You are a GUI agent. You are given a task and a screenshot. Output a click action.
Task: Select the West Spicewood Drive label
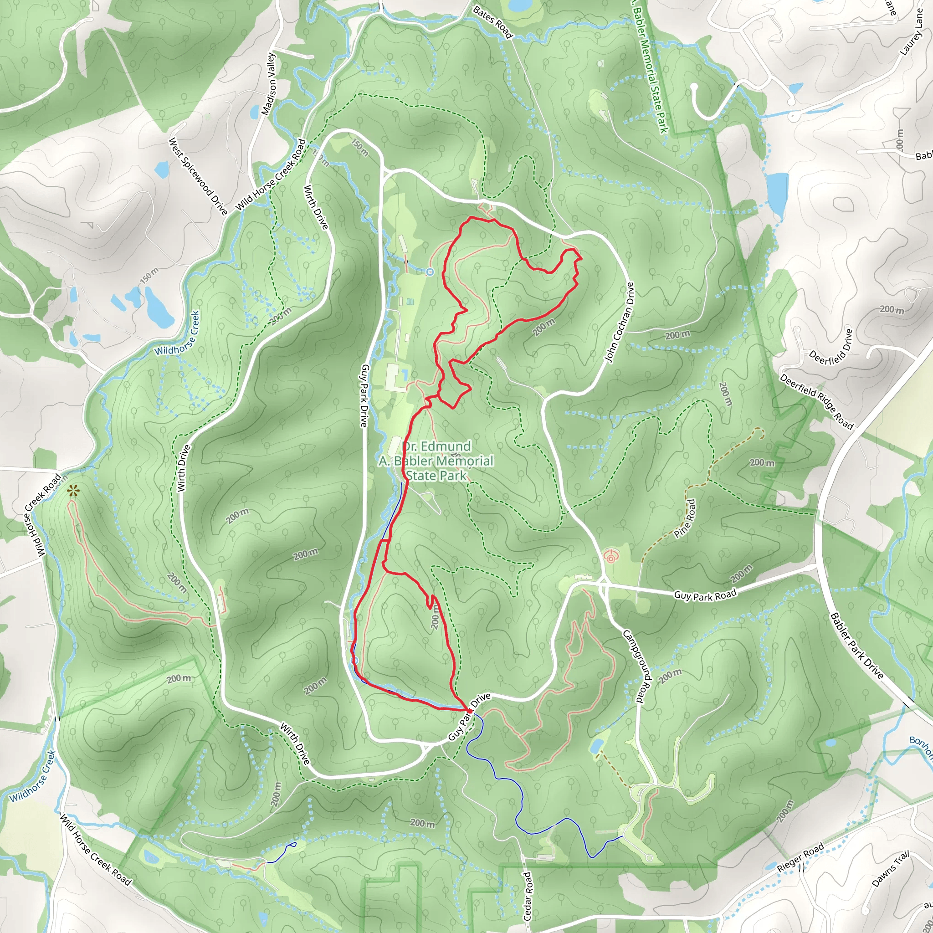pyautogui.click(x=198, y=177)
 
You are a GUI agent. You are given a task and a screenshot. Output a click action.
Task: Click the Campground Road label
pyautogui.click(x=634, y=666)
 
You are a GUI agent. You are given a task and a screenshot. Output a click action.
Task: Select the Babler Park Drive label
pyautogui.click(x=856, y=646)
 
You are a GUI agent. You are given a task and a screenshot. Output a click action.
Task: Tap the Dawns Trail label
pyautogui.click(x=891, y=869)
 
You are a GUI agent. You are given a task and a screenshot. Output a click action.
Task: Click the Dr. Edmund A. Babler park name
pyautogui.click(x=436, y=461)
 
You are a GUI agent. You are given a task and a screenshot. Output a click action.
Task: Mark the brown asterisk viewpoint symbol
pyautogui.click(x=73, y=492)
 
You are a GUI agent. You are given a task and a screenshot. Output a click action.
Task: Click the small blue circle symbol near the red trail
pyautogui.click(x=430, y=272)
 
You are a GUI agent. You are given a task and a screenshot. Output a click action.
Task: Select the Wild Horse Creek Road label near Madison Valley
pyautogui.click(x=271, y=175)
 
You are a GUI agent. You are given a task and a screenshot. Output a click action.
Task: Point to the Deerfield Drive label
pyautogui.click(x=830, y=347)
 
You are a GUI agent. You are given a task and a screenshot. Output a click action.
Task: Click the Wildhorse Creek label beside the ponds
pyautogui.click(x=177, y=333)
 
